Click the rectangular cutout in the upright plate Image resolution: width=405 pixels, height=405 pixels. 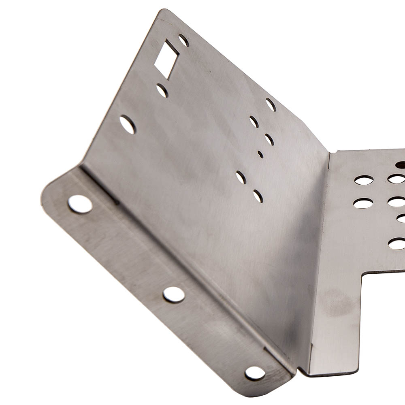(166, 59)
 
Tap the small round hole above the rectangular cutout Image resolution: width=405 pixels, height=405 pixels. (183, 40)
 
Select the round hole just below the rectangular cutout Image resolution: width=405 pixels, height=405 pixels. (162, 90)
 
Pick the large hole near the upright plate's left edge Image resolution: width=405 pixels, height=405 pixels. (128, 124)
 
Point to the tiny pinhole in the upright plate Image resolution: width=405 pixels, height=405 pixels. (260, 154)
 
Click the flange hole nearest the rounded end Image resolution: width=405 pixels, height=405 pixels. (80, 204)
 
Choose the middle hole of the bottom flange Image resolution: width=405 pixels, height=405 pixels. (174, 294)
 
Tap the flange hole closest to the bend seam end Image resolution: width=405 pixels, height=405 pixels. (255, 373)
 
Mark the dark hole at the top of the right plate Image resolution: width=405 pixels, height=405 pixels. (401, 165)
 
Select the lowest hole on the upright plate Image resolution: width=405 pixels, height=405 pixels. (258, 196)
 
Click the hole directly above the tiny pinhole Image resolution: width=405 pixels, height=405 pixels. (269, 139)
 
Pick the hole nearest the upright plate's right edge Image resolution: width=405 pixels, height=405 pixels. (271, 104)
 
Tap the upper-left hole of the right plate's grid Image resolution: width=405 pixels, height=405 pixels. (364, 180)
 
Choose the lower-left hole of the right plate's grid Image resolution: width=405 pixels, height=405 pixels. (363, 203)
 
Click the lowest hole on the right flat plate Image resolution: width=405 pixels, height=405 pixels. (397, 243)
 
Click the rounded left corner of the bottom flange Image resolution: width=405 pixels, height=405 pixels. (45, 194)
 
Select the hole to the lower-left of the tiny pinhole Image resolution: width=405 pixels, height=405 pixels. (241, 177)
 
